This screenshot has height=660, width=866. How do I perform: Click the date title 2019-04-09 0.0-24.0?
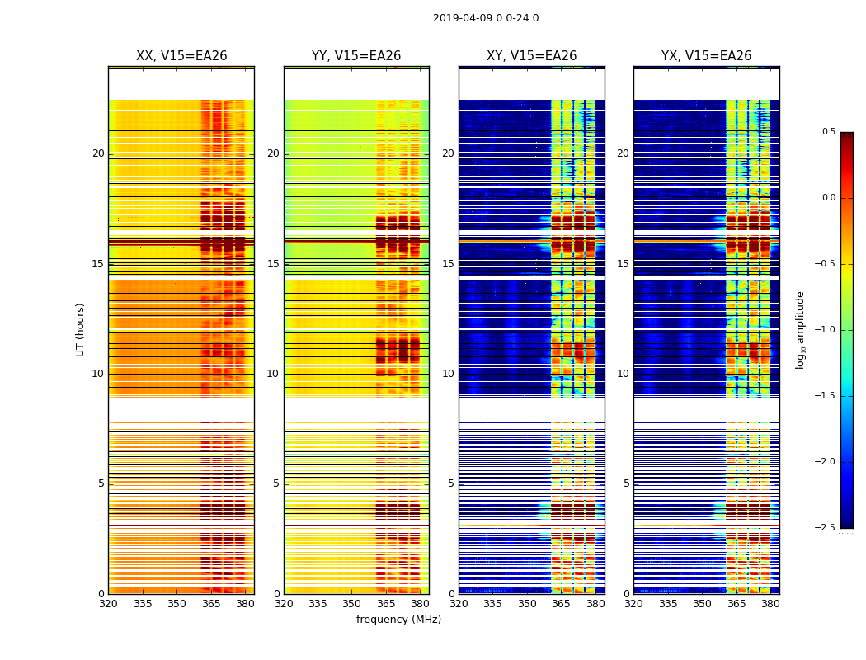click(x=486, y=18)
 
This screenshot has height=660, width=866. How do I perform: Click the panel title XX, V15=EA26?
click(x=181, y=56)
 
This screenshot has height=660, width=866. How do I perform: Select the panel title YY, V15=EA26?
click(x=356, y=56)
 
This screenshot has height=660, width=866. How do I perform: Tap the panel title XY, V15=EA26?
click(x=532, y=56)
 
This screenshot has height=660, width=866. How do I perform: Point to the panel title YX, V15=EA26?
click(x=707, y=56)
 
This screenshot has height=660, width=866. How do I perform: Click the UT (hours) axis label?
click(x=81, y=329)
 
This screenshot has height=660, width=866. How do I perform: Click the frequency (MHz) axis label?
click(x=398, y=620)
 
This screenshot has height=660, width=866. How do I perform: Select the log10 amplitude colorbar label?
click(x=800, y=329)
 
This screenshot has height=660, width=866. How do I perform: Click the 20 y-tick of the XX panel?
click(x=98, y=153)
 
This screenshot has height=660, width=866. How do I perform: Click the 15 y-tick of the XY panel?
click(x=449, y=264)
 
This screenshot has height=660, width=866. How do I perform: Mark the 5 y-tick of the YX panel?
click(x=627, y=483)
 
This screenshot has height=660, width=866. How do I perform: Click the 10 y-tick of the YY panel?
click(x=274, y=374)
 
